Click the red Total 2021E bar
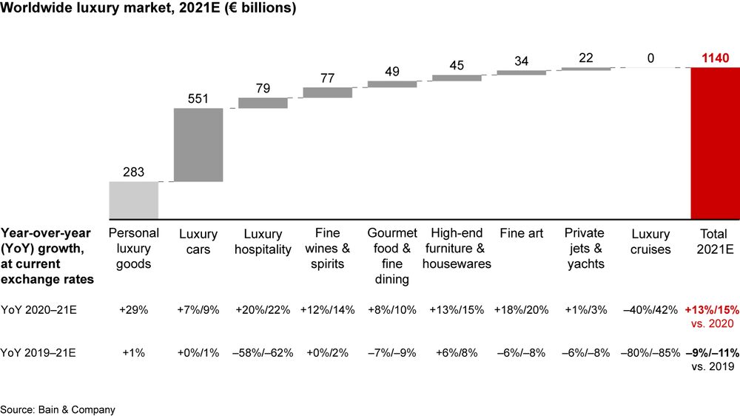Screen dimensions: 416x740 [715, 143]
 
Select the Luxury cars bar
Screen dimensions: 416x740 [198, 144]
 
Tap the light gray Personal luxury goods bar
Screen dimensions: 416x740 [133, 200]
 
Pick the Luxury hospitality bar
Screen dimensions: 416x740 [263, 103]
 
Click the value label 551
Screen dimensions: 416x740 [198, 98]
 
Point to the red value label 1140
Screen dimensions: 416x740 [716, 58]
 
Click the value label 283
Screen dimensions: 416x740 [133, 172]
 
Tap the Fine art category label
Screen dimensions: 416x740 [522, 234]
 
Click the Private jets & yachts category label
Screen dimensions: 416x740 [585, 249]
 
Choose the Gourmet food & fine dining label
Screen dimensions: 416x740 [392, 256]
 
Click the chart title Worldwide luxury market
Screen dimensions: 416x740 [149, 10]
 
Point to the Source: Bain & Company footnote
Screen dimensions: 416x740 [58, 409]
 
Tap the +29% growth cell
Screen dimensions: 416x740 [133, 310]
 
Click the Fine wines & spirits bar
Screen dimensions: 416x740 [328, 93]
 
